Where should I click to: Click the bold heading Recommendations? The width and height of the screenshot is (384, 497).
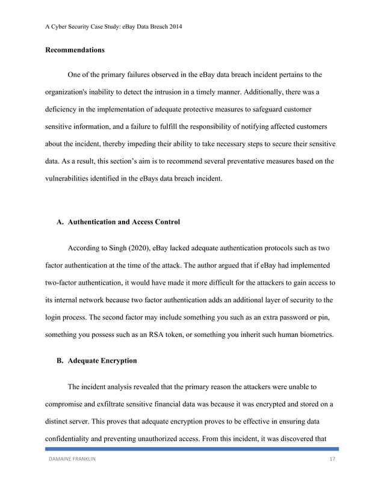tap(75, 50)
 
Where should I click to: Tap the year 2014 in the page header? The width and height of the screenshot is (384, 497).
tap(174, 26)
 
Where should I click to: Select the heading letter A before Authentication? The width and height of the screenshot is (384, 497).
tap(60, 222)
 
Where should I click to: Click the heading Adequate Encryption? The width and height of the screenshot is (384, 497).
tap(102, 361)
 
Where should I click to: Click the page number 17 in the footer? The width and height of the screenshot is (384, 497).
tap(332, 460)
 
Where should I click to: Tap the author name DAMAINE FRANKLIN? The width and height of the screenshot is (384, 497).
tap(72, 460)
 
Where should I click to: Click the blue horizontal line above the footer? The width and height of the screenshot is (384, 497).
tap(192, 449)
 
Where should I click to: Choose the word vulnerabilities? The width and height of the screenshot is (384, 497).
tap(70, 179)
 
